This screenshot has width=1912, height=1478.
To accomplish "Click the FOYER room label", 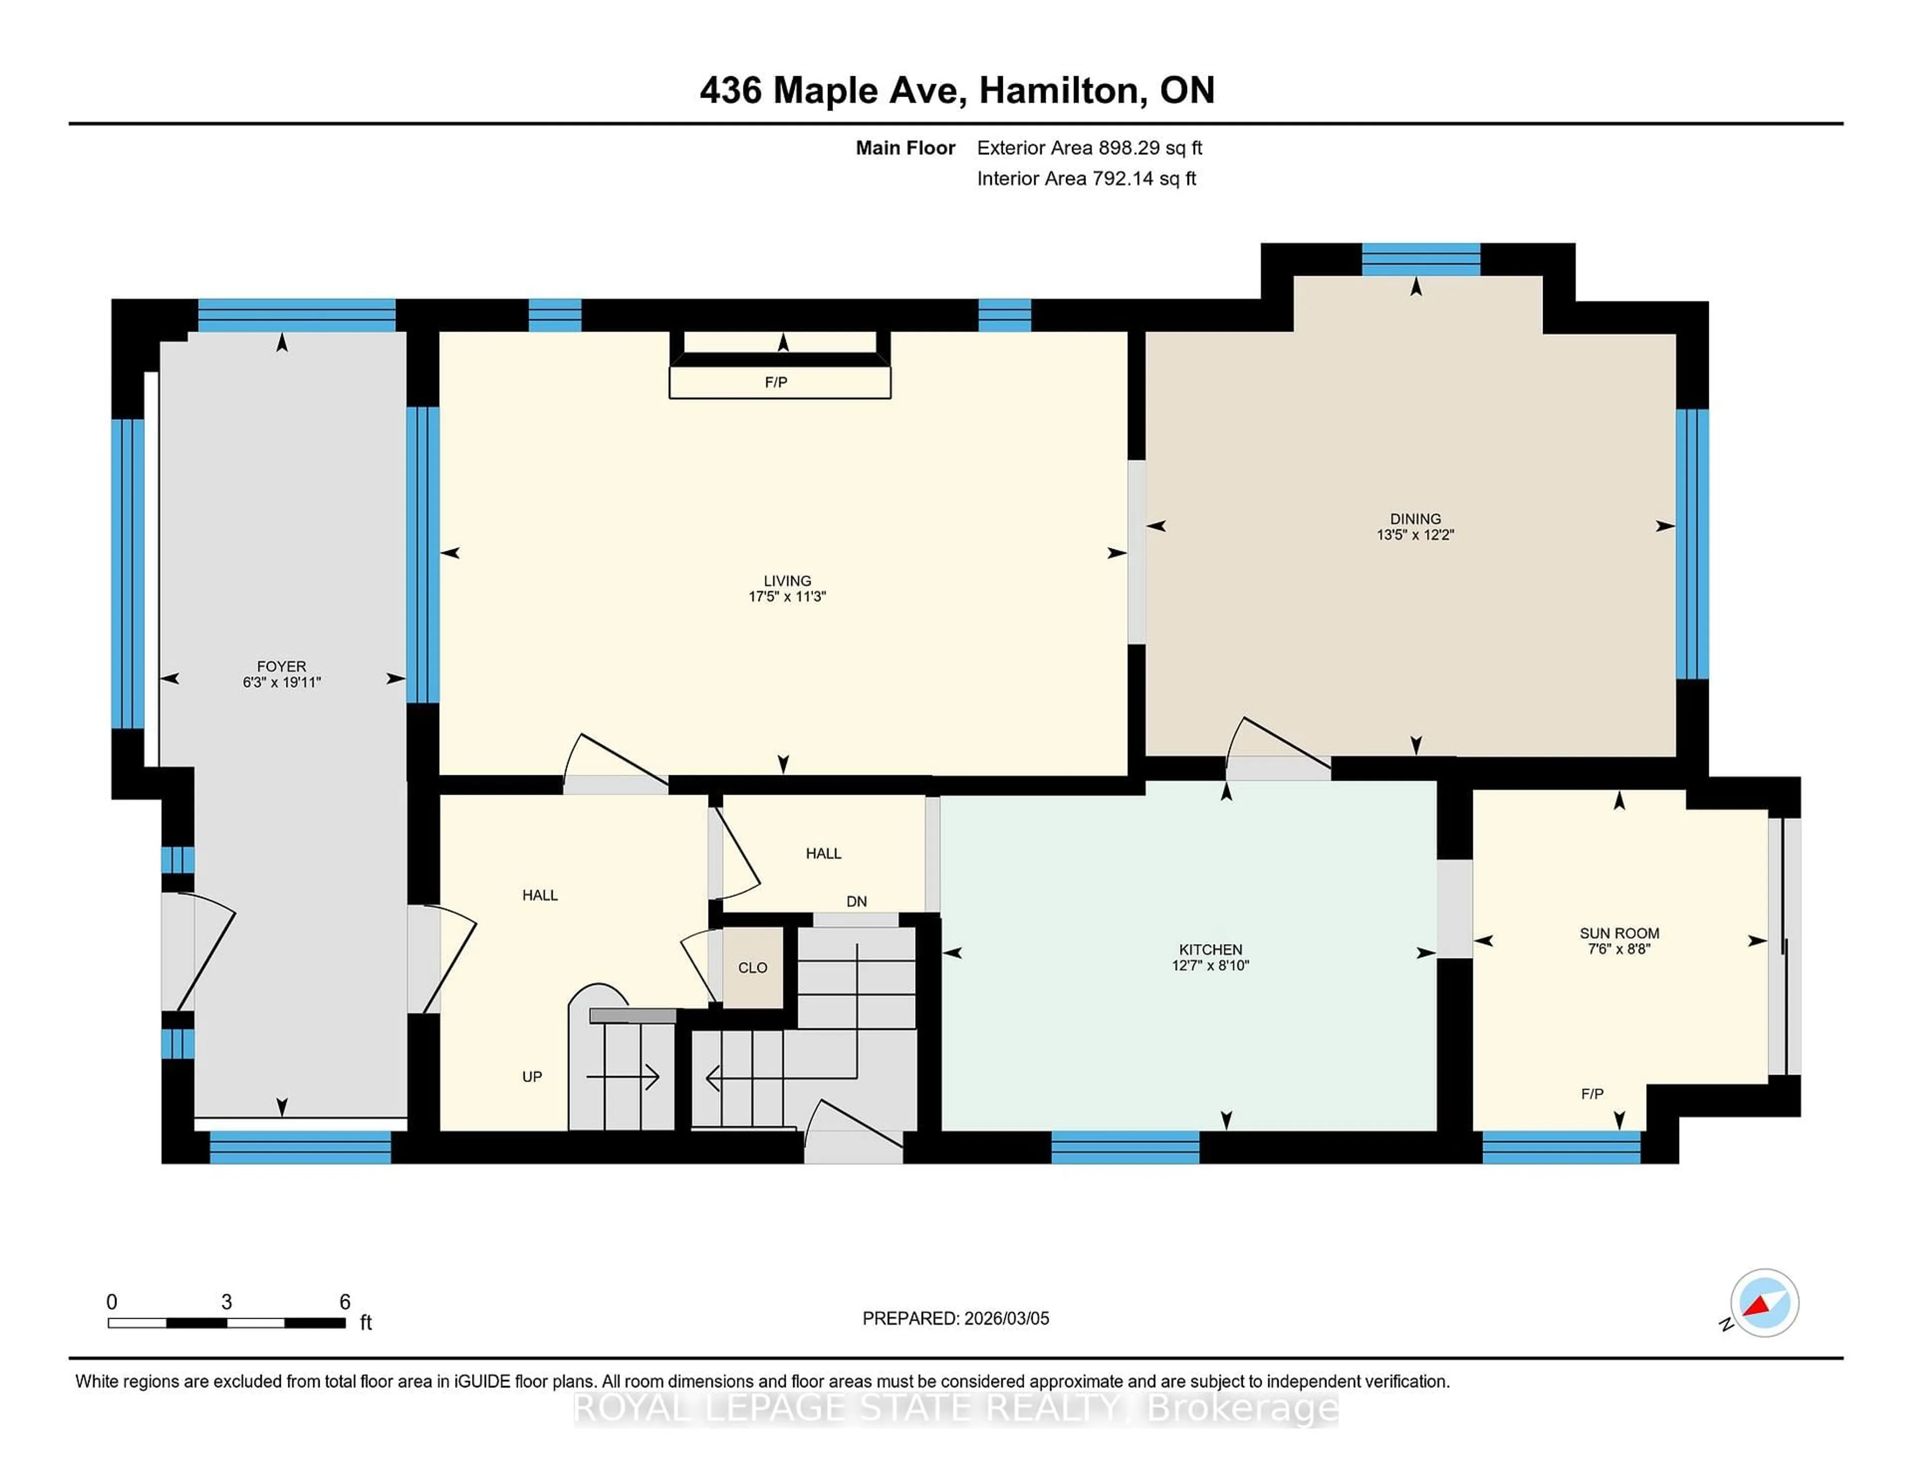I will point(281,666).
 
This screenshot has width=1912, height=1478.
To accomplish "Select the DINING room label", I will point(1415,518).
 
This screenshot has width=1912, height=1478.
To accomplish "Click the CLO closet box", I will point(752,968).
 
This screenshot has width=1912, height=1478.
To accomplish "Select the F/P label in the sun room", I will point(1591,1094).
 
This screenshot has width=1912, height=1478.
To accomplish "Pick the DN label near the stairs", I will point(856,901).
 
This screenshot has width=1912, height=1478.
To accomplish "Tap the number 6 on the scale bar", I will point(345,1302).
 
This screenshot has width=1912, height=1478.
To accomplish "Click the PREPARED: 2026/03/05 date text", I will point(955,1319).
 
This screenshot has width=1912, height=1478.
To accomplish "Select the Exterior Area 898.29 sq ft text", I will point(1089,148).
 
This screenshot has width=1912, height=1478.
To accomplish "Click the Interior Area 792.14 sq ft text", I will point(1085,179).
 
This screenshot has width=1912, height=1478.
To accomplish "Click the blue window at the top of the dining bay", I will point(1420,260).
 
